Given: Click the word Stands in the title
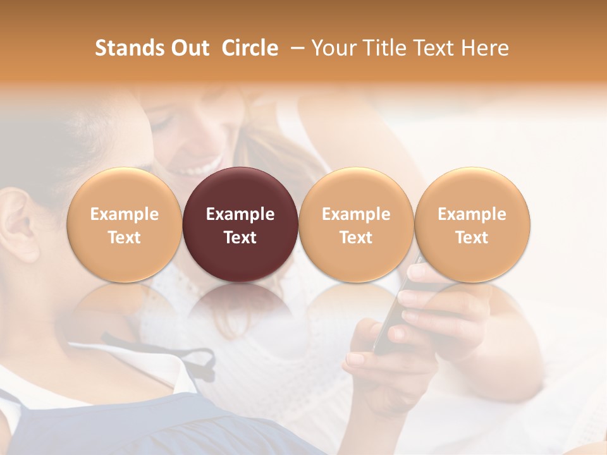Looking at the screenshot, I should (x=127, y=48).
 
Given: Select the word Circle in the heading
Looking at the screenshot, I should (x=250, y=48).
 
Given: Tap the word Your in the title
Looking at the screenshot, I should (x=332, y=48).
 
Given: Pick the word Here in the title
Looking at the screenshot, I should (x=485, y=48).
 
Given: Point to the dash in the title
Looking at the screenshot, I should (x=296, y=48).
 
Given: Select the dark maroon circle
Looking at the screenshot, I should (x=240, y=224).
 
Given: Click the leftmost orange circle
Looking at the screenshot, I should (x=124, y=224).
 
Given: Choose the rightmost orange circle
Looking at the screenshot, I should (x=472, y=224).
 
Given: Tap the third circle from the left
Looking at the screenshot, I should (x=356, y=224).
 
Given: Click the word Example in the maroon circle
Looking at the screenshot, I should (x=240, y=214).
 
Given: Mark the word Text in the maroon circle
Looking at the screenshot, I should (x=240, y=238).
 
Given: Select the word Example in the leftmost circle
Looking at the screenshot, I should (x=124, y=214).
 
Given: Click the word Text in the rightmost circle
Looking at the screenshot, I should (x=472, y=238).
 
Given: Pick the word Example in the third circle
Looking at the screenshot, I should (x=356, y=214).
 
